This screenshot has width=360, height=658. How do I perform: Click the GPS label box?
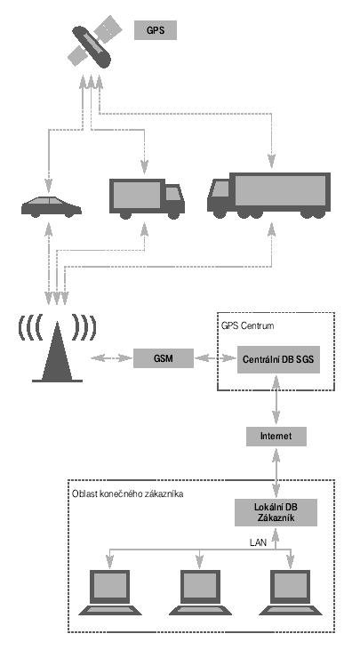click(x=156, y=30)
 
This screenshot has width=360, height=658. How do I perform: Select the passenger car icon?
click(x=52, y=206)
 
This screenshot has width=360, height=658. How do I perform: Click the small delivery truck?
click(x=147, y=198)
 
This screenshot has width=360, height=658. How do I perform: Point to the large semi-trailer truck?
click(x=268, y=195)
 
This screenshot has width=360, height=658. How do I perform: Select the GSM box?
click(x=164, y=358)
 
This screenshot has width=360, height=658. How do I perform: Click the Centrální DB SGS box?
click(x=278, y=359)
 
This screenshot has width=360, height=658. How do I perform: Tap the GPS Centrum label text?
click(x=247, y=325)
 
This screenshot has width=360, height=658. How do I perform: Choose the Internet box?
click(x=276, y=436)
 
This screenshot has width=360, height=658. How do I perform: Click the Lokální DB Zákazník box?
click(x=276, y=512)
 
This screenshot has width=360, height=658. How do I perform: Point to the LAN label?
click(x=258, y=542)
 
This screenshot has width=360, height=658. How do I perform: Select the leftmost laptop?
click(x=110, y=592)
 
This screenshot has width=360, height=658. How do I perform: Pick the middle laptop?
click(x=200, y=592)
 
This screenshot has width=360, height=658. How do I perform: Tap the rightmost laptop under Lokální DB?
click(x=291, y=592)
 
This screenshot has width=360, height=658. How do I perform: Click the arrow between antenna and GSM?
click(x=112, y=358)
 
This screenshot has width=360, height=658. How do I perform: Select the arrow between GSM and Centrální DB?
click(x=216, y=358)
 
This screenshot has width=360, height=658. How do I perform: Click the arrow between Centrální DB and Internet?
click(x=276, y=400)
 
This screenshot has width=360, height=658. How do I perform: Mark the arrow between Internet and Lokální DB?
click(x=276, y=472)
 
